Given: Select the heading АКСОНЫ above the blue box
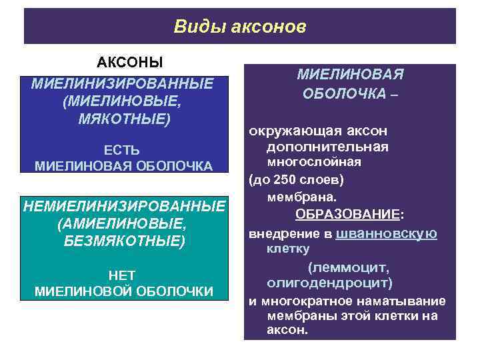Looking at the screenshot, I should click(x=130, y=63).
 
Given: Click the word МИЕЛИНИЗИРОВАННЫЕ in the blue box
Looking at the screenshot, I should click(x=122, y=85).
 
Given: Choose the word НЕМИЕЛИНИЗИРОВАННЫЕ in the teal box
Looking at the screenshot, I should click(x=125, y=206).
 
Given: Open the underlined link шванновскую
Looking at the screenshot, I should click(x=387, y=233).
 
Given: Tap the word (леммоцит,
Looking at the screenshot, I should click(x=349, y=267).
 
